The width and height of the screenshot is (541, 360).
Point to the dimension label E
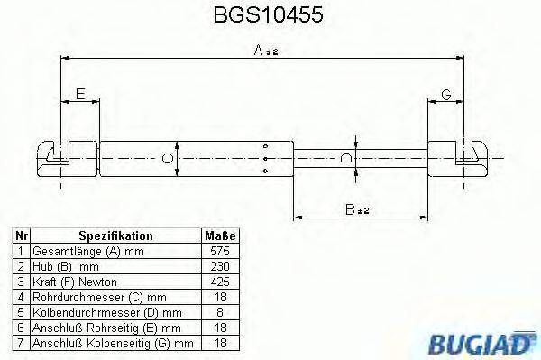coord(80,94)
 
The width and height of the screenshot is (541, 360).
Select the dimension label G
coord(446,94)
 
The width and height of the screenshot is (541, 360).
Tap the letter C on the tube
coord(166,160)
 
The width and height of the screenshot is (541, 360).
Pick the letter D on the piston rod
coord(347,160)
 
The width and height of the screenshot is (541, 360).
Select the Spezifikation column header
coord(115,235)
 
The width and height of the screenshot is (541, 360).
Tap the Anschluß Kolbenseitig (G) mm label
coord(113,343)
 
